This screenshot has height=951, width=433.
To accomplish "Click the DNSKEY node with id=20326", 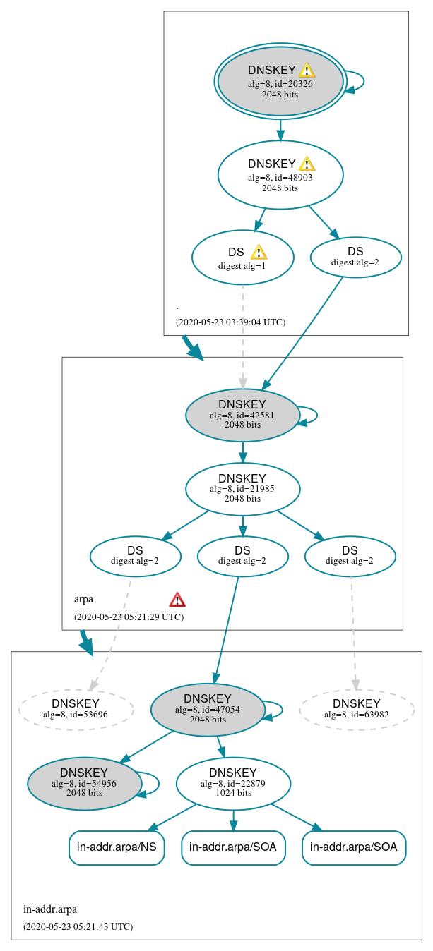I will click(x=280, y=82).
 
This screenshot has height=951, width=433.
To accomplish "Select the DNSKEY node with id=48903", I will click(x=280, y=175).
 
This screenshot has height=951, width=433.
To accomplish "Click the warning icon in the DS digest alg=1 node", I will click(x=259, y=252).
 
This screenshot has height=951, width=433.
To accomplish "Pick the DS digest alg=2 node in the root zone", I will click(x=355, y=257).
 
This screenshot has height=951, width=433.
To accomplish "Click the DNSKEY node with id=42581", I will click(x=242, y=416).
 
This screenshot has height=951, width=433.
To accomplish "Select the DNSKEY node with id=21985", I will click(x=242, y=489).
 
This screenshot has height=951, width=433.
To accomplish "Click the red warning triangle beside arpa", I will click(x=177, y=600).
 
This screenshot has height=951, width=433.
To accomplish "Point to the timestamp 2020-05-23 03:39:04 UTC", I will click(x=230, y=322).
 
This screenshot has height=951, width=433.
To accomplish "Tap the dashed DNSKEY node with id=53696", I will click(x=76, y=709).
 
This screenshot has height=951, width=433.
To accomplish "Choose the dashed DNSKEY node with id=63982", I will click(x=356, y=709).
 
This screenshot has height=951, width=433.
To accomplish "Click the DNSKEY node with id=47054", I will click(x=207, y=710).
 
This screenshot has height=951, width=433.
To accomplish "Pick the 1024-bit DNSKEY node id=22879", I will click(x=233, y=784).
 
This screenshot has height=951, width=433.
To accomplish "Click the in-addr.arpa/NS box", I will click(x=117, y=847).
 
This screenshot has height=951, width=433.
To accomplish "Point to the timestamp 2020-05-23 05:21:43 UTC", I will click(x=78, y=926).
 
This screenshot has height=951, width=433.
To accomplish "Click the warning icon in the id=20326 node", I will click(x=307, y=70).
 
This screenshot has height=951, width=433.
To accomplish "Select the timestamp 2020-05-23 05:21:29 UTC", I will click(x=129, y=617).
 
